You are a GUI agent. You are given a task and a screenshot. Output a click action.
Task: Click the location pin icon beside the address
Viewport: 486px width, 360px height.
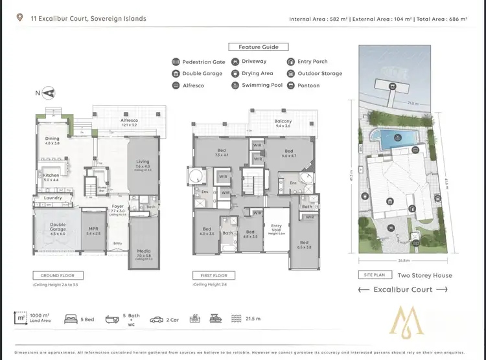(20, 18)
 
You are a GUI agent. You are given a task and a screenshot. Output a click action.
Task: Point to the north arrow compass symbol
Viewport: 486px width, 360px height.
(43, 94)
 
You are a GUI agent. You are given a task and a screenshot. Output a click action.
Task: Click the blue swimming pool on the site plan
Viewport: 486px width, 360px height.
(391, 137)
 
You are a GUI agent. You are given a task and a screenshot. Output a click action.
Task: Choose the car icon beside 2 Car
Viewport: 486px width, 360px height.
(156, 319)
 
